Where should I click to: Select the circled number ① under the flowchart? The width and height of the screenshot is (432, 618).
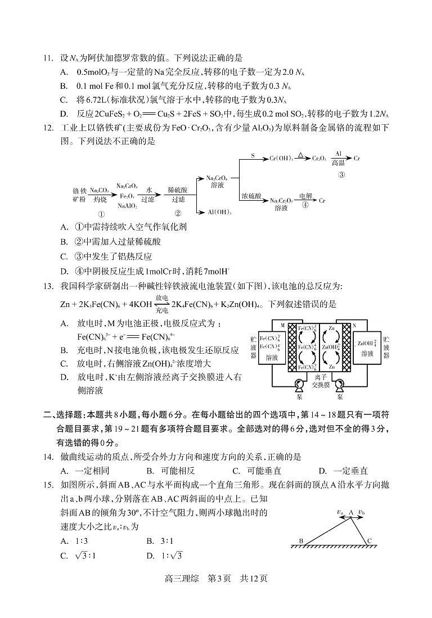point(101,214)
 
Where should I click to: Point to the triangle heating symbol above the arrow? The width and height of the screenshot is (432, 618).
point(301,153)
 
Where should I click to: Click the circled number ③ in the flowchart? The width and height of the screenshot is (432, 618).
point(341,174)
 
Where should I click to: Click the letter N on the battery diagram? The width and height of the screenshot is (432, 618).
point(354,325)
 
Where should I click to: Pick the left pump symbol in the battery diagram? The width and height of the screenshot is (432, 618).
point(299,385)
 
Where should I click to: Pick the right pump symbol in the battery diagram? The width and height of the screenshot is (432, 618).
point(339,385)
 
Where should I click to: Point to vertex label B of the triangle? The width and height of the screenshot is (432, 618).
point(301,541)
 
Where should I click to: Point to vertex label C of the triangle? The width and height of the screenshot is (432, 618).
point(369,541)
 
